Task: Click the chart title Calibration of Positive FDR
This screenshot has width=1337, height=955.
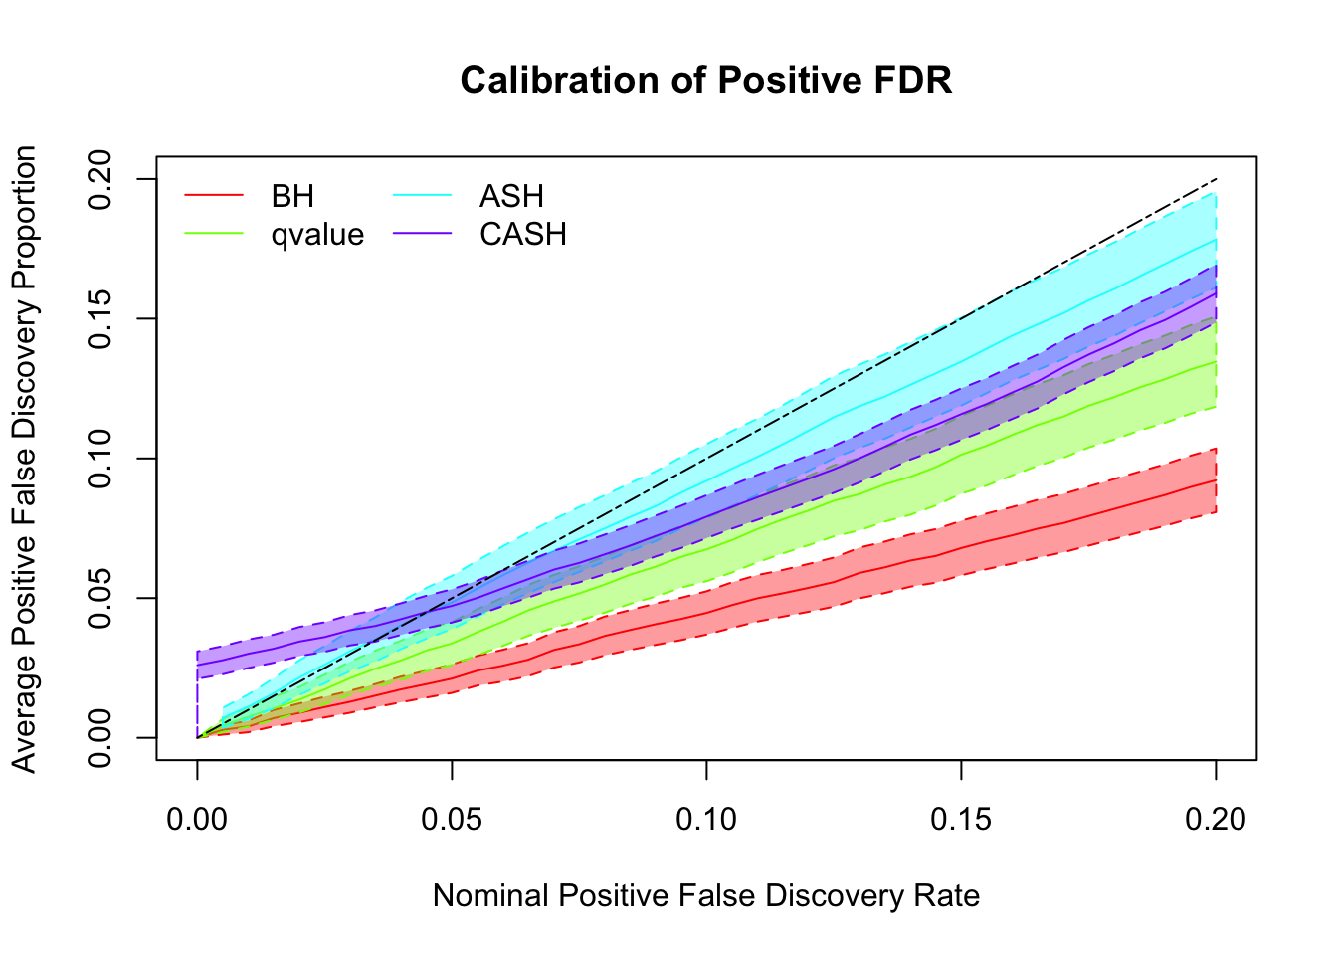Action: pyautogui.click(x=705, y=80)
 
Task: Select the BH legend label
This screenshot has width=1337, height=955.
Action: pyautogui.click(x=292, y=196)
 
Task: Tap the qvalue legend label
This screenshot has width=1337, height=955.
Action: pyautogui.click(x=317, y=235)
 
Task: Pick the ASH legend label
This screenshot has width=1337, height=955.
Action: pyautogui.click(x=511, y=196)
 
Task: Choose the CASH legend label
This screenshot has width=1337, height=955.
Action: pyautogui.click(x=523, y=235)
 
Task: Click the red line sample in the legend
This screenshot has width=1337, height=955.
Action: pyautogui.click(x=214, y=196)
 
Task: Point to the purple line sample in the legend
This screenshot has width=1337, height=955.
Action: pyautogui.click(x=423, y=235)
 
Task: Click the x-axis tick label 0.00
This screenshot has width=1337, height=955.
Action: pyautogui.click(x=197, y=819)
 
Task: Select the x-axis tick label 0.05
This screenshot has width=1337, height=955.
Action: pyautogui.click(x=452, y=819)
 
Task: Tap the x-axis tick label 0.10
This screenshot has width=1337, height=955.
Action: pyautogui.click(x=706, y=819)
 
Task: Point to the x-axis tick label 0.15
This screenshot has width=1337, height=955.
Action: pyautogui.click(x=961, y=819)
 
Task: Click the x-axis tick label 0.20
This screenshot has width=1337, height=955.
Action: pyautogui.click(x=1216, y=819)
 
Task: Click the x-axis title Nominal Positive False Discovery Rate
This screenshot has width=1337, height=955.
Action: pyautogui.click(x=706, y=896)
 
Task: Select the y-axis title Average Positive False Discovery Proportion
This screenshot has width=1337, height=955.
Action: pyautogui.click(x=25, y=459)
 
